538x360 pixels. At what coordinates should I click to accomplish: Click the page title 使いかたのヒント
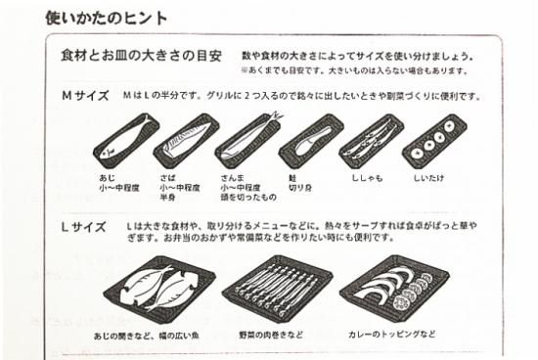tap(106, 18)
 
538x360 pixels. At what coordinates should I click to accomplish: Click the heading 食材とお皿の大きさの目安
tap(141, 55)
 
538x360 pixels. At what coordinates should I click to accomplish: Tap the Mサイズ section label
tap(85, 96)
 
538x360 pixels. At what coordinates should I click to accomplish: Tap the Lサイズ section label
tap(83, 227)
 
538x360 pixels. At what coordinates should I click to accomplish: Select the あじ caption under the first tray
tap(107, 178)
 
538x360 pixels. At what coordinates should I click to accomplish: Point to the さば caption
tap(167, 178)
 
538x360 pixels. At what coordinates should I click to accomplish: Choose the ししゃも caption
tap(367, 178)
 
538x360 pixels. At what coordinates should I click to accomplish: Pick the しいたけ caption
tap(428, 178)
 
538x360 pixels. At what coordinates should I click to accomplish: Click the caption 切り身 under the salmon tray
tap(300, 188)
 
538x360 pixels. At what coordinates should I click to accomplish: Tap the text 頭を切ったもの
tap(248, 198)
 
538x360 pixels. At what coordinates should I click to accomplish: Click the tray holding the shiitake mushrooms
tap(434, 141)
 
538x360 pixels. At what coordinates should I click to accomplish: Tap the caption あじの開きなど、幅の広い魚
tap(147, 336)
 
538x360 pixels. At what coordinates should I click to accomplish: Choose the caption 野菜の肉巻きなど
tap(271, 335)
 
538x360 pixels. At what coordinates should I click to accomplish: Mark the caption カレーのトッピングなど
tap(392, 334)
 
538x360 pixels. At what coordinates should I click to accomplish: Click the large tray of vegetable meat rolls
tap(277, 289)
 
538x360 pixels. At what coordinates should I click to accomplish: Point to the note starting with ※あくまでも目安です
tap(354, 71)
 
